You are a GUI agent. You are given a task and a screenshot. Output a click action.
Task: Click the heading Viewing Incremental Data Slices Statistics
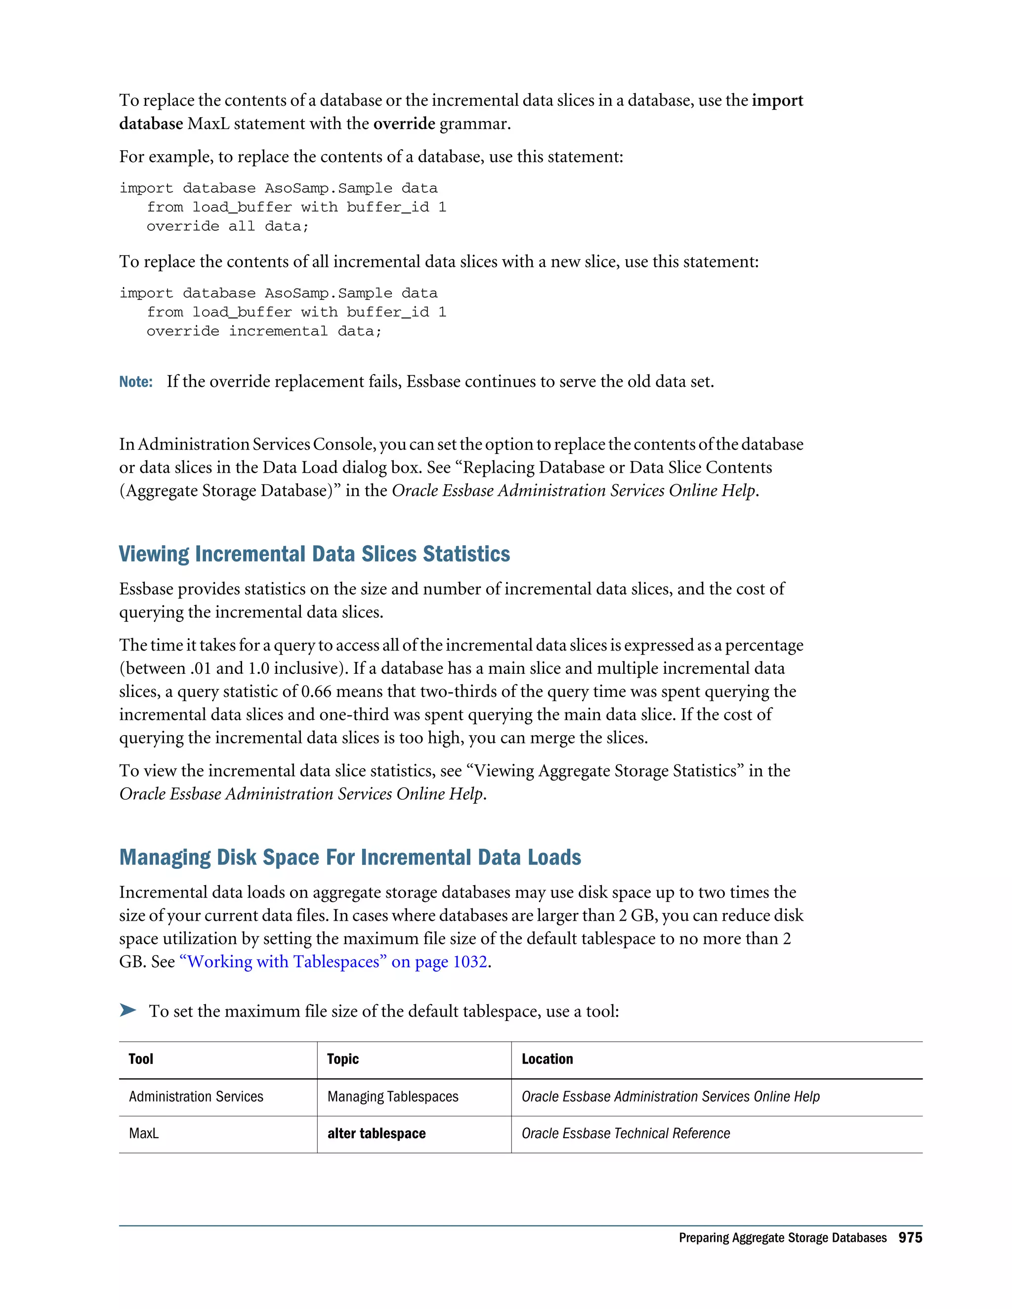314,554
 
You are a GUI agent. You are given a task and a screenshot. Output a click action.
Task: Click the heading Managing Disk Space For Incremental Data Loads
350,857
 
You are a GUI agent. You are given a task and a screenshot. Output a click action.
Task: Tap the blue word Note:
135,382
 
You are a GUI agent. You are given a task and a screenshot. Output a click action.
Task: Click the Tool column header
141,1059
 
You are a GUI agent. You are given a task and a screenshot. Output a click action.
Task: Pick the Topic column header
343,1059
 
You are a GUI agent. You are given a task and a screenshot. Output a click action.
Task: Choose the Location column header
547,1059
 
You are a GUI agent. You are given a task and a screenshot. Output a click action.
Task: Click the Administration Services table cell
196,1096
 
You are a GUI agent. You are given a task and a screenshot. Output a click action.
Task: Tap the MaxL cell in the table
144,1133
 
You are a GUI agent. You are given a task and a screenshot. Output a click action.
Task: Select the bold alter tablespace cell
377,1133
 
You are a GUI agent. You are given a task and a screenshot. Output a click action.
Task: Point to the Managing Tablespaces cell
393,1096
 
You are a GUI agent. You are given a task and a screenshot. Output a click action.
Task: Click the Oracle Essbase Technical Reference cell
625,1133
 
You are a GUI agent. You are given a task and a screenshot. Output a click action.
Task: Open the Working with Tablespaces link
283,962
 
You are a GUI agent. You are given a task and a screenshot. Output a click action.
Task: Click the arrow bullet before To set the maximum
127,1011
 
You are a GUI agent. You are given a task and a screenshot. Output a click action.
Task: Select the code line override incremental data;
264,331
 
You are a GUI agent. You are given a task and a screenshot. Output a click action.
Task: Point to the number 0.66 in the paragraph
316,692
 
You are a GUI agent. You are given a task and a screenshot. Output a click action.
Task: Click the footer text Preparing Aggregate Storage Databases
782,1238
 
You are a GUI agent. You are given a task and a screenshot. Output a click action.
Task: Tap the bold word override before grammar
404,124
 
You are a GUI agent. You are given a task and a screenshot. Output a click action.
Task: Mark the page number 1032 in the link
469,962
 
